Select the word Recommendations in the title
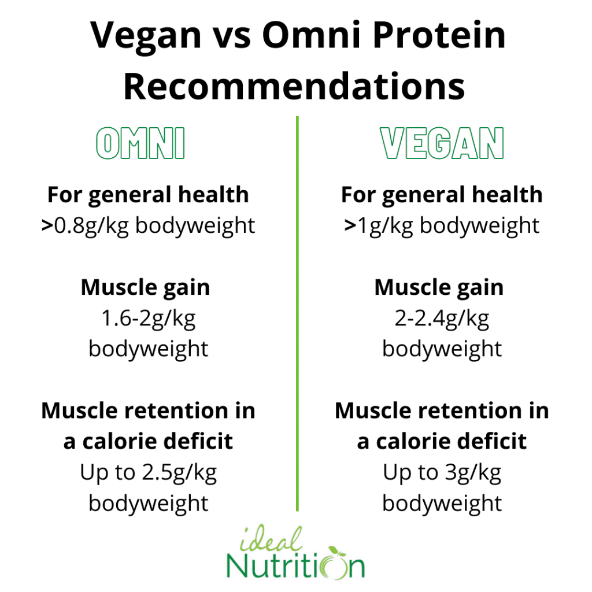(294, 87)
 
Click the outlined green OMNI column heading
(140, 143)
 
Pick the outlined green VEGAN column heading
(442, 143)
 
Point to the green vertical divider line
(298, 313)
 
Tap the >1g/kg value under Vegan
(379, 227)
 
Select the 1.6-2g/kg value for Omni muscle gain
(149, 319)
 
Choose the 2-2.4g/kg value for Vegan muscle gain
(442, 319)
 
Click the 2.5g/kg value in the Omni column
(180, 473)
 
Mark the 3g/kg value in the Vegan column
(473, 473)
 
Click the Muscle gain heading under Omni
(145, 288)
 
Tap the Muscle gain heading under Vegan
(439, 288)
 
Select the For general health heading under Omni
(148, 195)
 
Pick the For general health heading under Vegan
(442, 195)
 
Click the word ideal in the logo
(271, 539)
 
